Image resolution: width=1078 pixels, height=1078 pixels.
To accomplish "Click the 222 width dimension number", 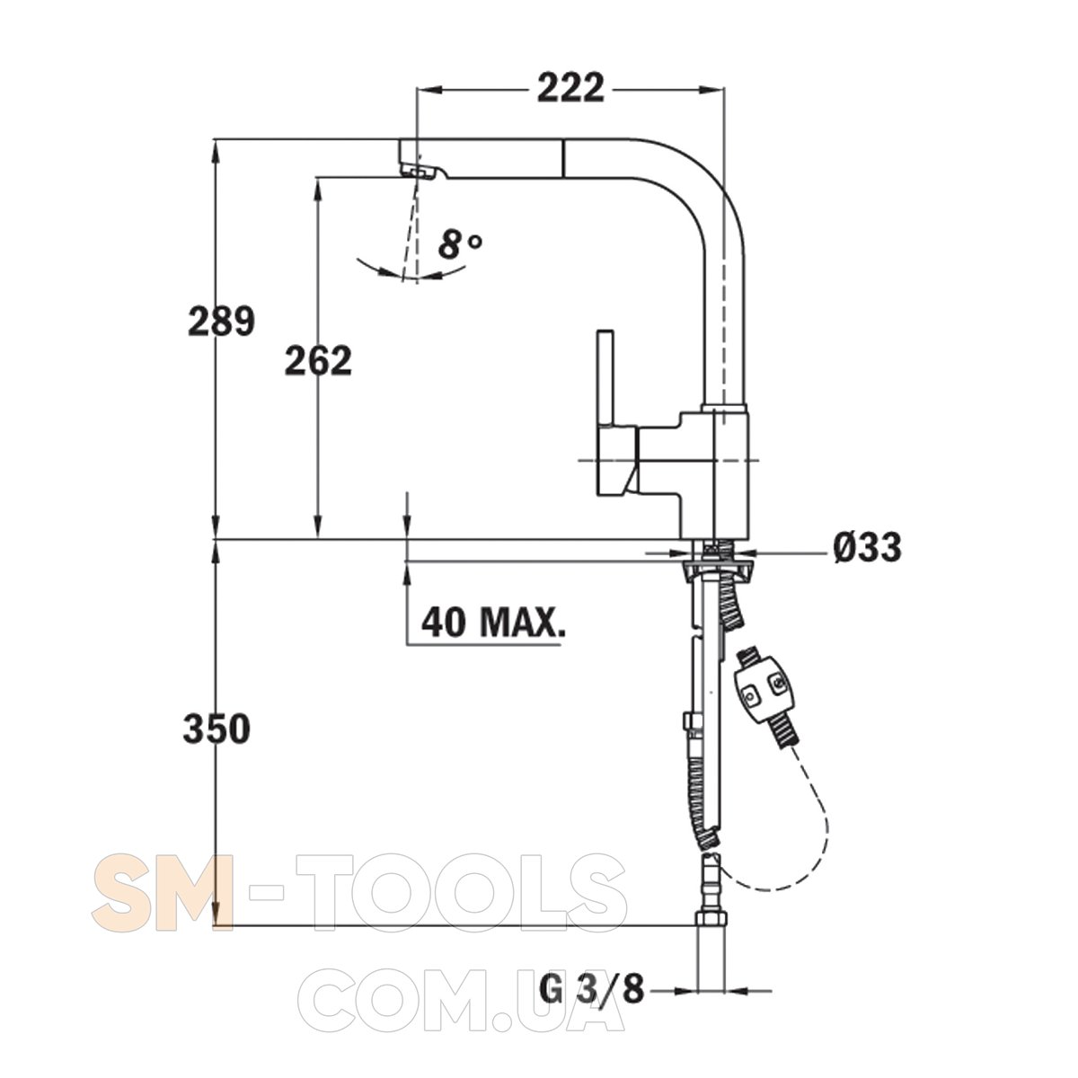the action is [x=570, y=88].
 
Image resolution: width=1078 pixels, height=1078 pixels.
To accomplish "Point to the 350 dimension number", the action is [x=216, y=729].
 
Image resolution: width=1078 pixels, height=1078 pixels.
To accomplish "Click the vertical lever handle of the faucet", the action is [x=606, y=380].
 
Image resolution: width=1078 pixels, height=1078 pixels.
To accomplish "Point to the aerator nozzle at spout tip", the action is [x=419, y=172].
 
